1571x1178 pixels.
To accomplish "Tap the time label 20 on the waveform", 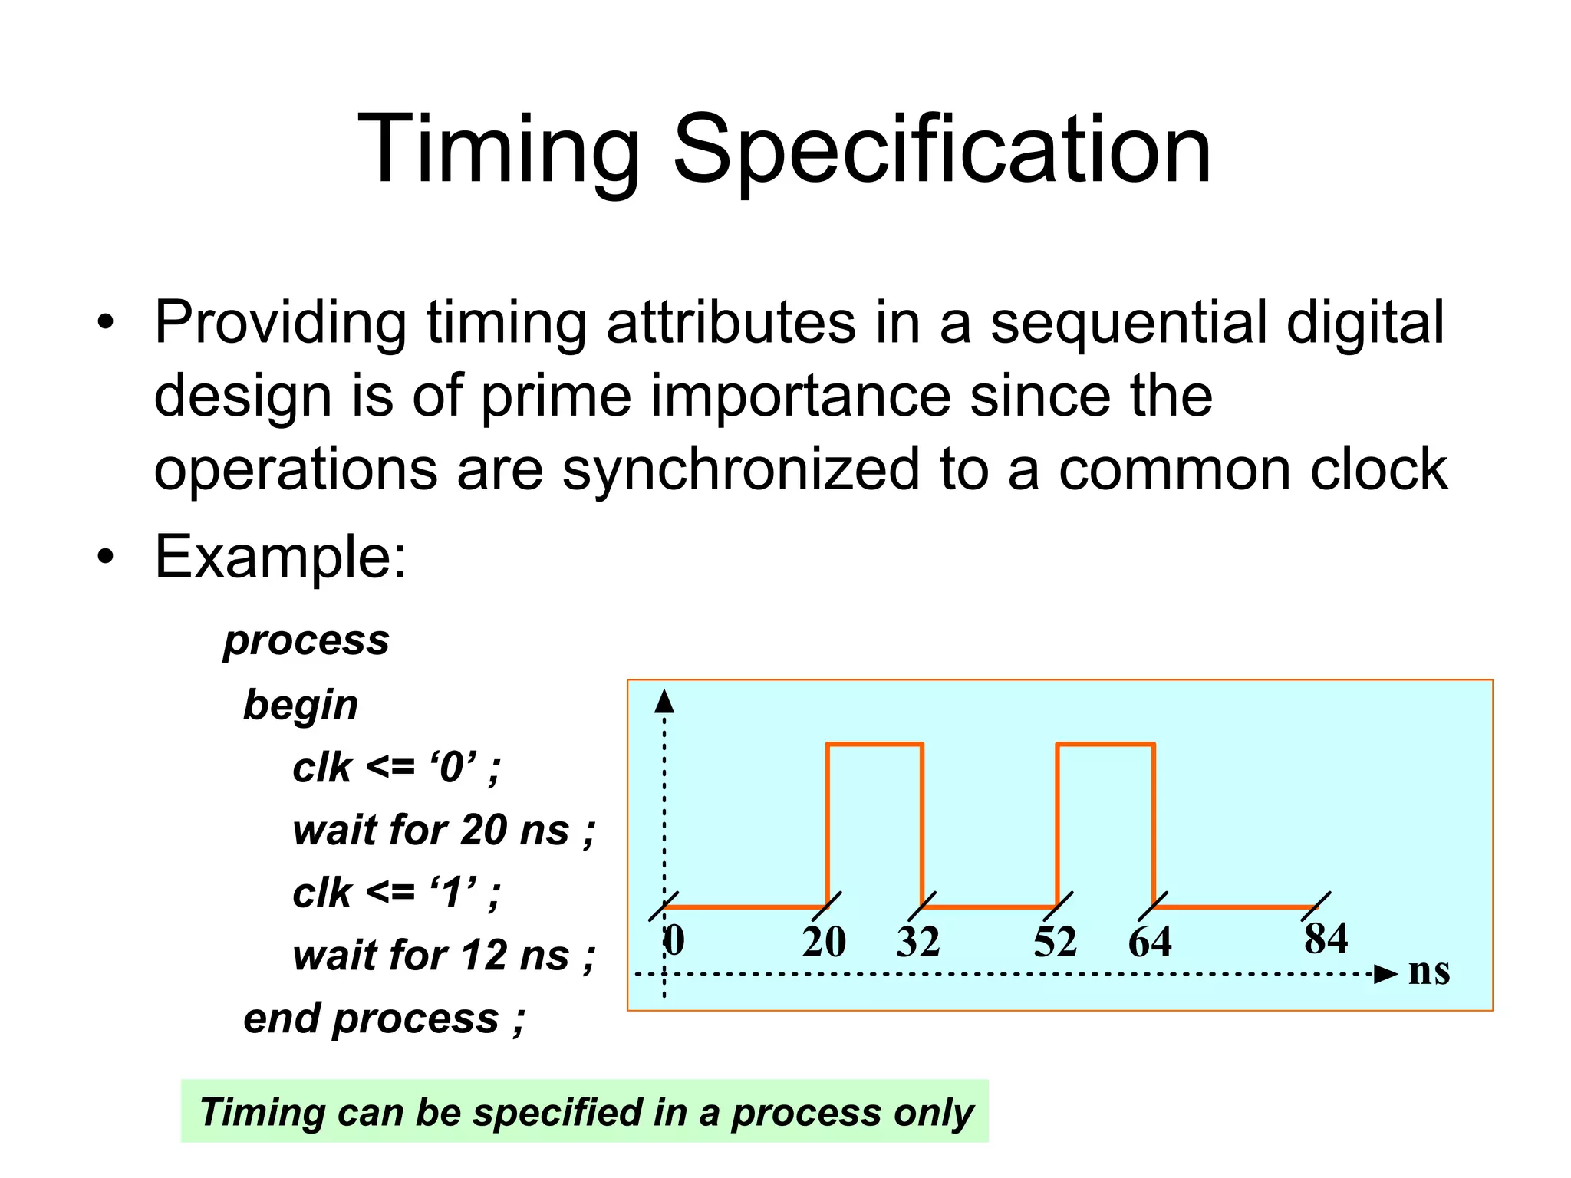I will tap(824, 942).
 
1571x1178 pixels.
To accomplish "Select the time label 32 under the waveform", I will tap(917, 942).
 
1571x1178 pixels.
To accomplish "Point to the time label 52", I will tap(1055, 942).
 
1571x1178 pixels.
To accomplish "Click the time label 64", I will tap(1149, 942).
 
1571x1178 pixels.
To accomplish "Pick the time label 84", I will tap(1326, 938).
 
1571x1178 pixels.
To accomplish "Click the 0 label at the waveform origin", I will tap(674, 940).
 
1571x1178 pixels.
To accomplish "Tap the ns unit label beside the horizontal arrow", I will tap(1429, 972).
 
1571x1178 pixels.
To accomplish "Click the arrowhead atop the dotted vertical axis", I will tap(664, 701).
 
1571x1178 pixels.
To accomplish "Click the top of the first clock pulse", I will tap(874, 743).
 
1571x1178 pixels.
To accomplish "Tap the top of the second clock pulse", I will tap(1105, 743).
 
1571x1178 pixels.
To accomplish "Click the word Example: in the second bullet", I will tap(281, 557).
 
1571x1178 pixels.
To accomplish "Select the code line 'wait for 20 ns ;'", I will tap(443, 831).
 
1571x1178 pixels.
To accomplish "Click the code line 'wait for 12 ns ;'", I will tap(443, 956).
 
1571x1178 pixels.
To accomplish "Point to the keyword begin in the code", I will tap(301, 705).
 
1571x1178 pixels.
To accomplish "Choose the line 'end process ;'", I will tap(384, 1019).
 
